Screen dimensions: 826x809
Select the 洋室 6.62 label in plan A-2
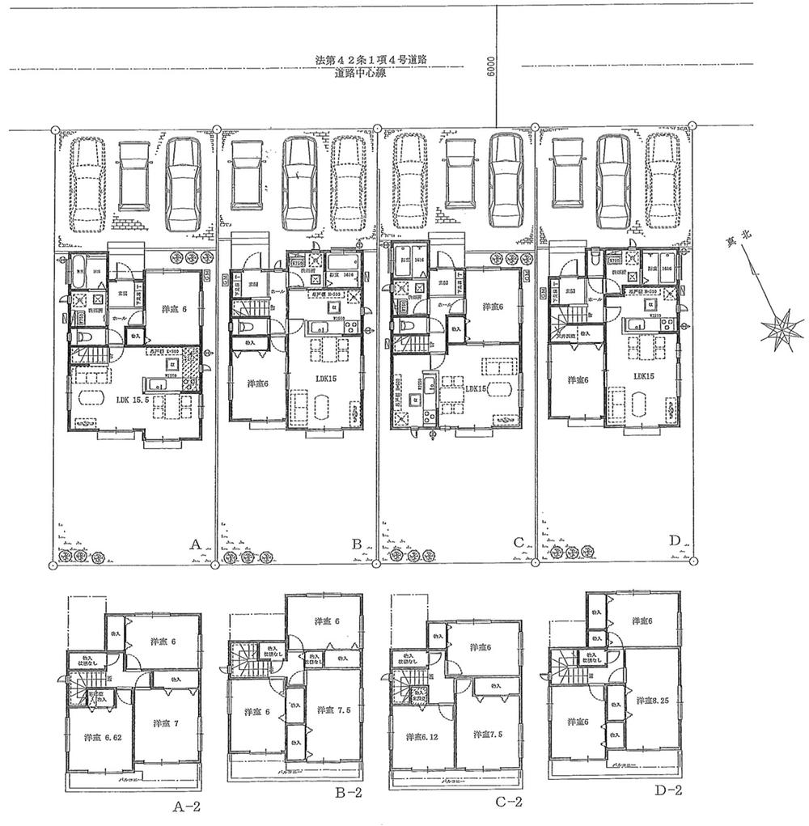(x=95, y=738)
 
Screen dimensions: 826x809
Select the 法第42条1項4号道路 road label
(x=371, y=60)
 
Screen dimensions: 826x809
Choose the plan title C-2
(x=507, y=802)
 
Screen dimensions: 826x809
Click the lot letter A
(x=194, y=546)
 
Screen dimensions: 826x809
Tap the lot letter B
(x=356, y=545)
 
